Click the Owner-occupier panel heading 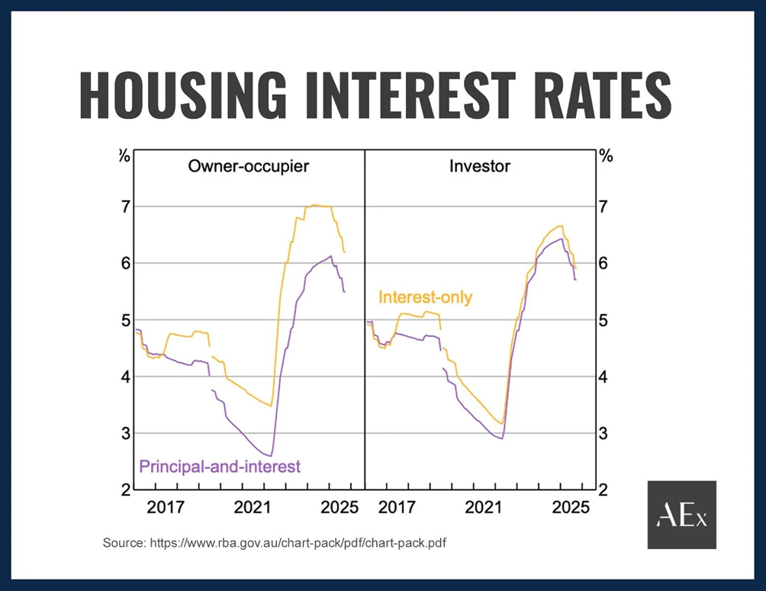(249, 165)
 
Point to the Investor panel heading (480, 165)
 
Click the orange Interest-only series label (425, 297)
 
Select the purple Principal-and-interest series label (220, 466)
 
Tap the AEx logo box (681, 515)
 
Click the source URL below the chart (279, 543)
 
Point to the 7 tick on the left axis (123, 207)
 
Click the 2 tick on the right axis (603, 490)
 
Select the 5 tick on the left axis (123, 320)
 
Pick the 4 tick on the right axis (603, 377)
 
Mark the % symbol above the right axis (606, 156)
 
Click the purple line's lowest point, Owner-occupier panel (270, 456)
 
